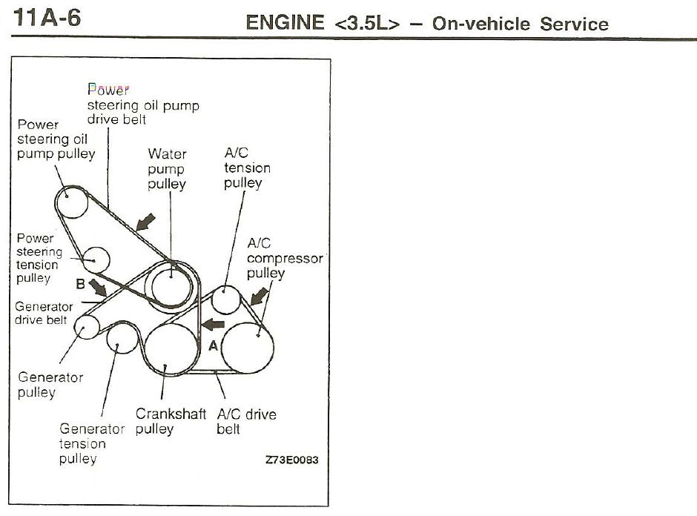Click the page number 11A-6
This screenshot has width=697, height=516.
point(47,18)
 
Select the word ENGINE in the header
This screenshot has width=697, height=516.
point(285,23)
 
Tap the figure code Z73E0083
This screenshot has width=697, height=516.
point(291,460)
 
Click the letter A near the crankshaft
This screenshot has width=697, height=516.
point(214,345)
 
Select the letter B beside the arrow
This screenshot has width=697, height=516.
point(80,283)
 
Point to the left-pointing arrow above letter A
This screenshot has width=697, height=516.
point(213,325)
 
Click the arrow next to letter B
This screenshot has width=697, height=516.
point(97,288)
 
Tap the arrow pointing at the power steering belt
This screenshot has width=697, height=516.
point(145,222)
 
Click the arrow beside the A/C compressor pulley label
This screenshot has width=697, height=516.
point(260,296)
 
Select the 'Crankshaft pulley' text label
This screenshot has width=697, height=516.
point(171,421)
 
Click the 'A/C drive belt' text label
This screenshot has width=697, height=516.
point(247,421)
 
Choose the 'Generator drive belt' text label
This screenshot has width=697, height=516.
point(44,314)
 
